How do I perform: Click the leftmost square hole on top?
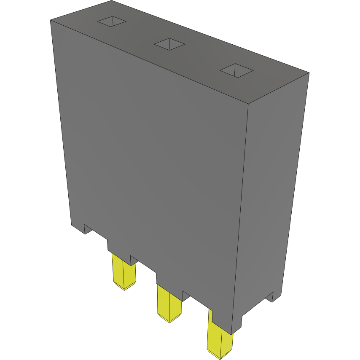[112, 21]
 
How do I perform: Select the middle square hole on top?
[169, 44]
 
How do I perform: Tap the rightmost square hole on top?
[236, 71]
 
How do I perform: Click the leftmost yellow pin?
[123, 271]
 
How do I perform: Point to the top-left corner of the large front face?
[50, 20]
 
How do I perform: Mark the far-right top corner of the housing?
[309, 73]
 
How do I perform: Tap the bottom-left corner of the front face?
[71, 225]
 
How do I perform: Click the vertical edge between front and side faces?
[240, 211]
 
